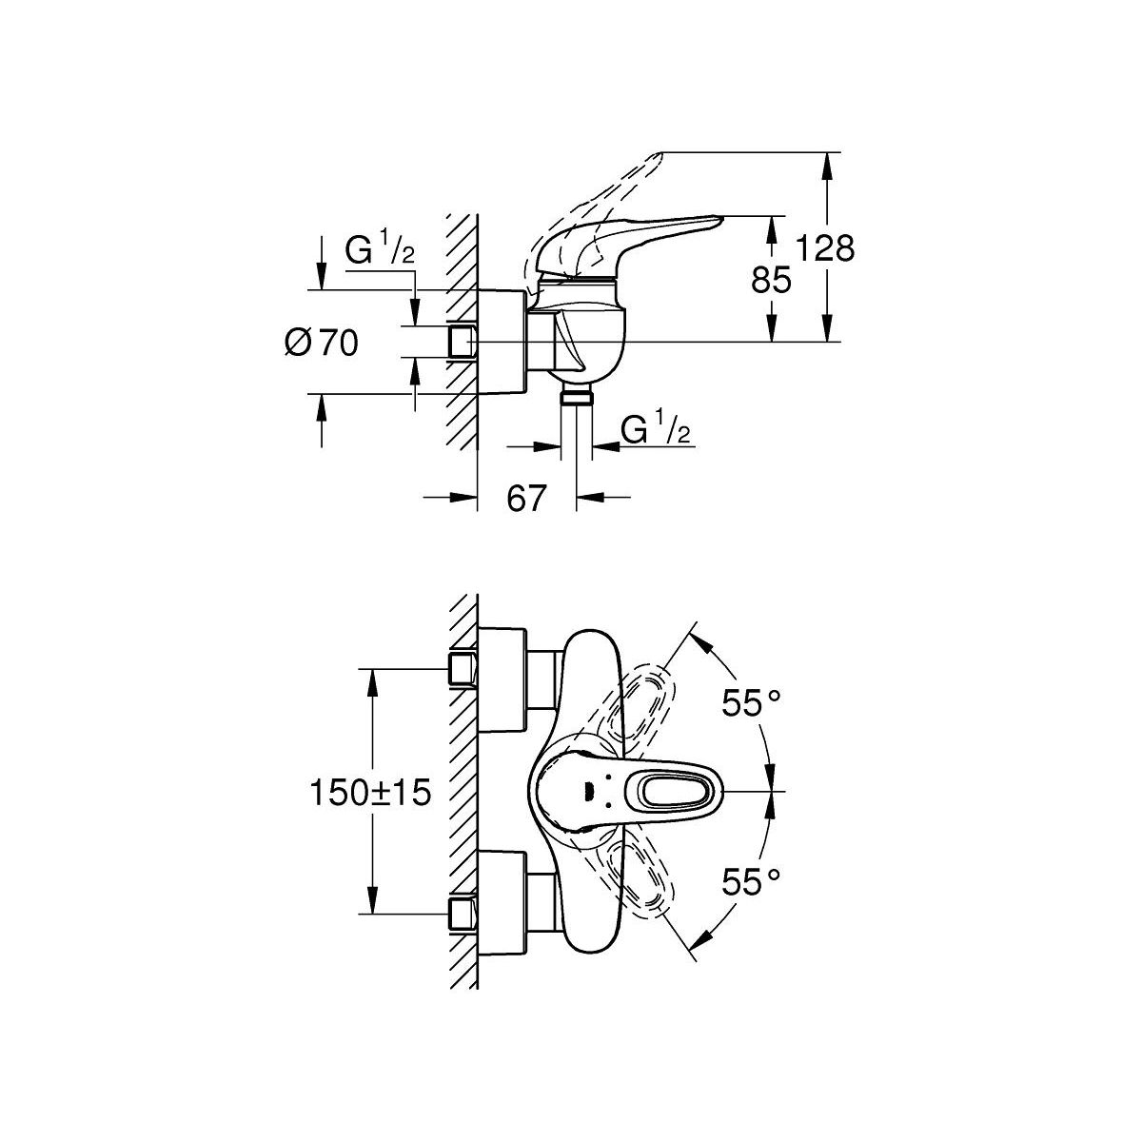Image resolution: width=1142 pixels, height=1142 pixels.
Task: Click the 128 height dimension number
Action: (x=826, y=248)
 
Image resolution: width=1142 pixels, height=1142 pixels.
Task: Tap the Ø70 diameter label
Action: (x=321, y=342)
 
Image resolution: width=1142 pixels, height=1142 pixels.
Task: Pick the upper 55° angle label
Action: (x=751, y=704)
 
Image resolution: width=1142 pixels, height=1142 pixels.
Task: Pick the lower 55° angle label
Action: (x=751, y=882)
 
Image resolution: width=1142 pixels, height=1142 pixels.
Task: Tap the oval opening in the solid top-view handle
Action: (x=672, y=792)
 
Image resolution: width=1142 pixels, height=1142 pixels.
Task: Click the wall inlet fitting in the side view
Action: (x=461, y=341)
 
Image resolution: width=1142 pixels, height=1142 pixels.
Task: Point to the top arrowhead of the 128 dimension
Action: (x=829, y=161)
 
